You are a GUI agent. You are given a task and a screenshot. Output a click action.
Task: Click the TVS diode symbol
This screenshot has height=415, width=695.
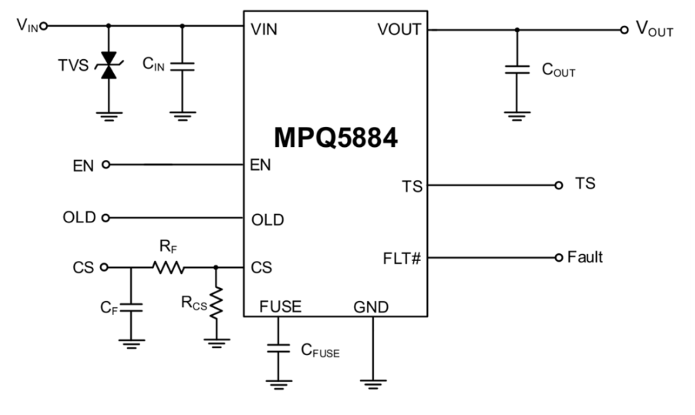click(108, 66)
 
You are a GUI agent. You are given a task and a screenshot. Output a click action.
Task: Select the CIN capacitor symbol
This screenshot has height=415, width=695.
click(182, 66)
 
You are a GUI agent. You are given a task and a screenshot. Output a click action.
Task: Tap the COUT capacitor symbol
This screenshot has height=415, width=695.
click(517, 69)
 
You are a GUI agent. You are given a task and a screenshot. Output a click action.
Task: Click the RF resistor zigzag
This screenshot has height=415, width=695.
click(169, 267)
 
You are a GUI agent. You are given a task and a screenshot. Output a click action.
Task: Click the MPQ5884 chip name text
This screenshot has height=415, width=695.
click(335, 137)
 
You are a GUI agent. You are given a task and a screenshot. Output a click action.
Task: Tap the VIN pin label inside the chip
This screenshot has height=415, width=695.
click(264, 30)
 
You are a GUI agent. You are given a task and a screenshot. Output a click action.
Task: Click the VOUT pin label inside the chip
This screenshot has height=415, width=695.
click(400, 30)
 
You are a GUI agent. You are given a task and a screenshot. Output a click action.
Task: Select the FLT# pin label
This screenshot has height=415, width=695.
click(402, 259)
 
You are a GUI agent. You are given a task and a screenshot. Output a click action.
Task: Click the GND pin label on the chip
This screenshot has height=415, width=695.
click(371, 307)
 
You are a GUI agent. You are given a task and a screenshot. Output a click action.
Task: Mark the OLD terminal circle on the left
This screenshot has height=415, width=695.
click(106, 218)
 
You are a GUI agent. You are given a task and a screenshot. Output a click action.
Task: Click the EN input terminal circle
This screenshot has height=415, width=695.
click(106, 165)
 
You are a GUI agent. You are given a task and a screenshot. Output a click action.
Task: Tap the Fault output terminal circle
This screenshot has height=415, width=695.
click(559, 258)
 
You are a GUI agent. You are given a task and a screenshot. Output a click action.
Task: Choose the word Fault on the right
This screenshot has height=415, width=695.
click(585, 257)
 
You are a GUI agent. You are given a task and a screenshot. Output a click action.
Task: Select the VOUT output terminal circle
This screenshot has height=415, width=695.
click(624, 30)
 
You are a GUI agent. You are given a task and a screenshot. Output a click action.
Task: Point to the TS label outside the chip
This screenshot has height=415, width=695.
click(585, 184)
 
